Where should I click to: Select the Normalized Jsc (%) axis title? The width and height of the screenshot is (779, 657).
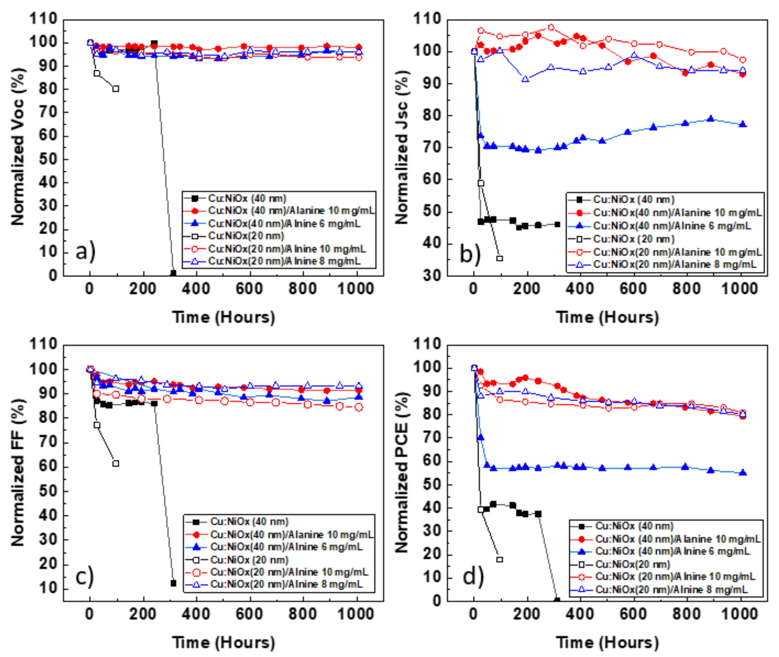[x=401, y=147]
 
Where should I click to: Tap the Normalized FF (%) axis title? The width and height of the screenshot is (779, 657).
[x=18, y=472]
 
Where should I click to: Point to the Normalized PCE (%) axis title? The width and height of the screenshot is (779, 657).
[x=401, y=472]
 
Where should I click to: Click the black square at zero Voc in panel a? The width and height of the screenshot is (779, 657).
[x=173, y=273]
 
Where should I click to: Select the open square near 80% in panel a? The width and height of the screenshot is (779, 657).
[x=116, y=89]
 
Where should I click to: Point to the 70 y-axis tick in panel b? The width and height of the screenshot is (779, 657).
[x=432, y=148]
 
